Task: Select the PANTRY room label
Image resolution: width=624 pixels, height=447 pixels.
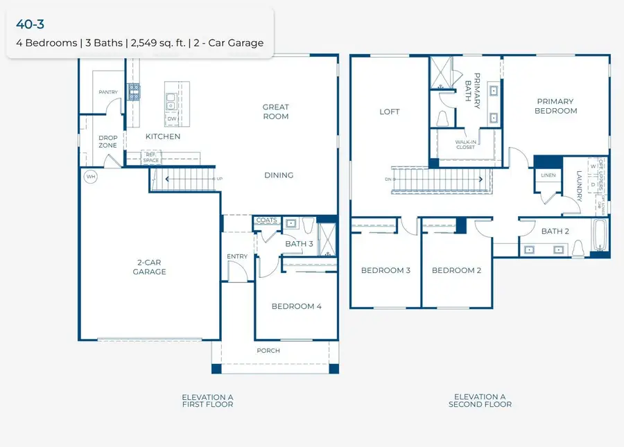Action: click(108, 92)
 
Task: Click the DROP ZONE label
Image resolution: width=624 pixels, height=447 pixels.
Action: click(107, 141)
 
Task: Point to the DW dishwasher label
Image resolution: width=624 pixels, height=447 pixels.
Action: click(172, 119)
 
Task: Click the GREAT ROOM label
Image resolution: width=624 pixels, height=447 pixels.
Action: click(275, 112)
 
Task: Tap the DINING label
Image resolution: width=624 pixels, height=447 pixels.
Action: click(279, 175)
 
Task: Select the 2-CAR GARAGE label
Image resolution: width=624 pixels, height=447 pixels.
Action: click(150, 268)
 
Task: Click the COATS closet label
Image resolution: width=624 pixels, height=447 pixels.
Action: click(266, 221)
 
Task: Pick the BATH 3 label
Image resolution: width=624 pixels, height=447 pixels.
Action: click(299, 243)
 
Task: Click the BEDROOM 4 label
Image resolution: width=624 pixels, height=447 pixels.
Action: click(296, 306)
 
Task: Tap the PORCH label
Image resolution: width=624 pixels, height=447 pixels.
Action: click(268, 351)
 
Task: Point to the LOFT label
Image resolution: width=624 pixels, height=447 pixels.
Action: click(390, 112)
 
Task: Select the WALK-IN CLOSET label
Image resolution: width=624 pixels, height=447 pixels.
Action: click(465, 144)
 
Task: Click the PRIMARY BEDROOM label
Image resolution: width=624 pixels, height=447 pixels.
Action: click(556, 106)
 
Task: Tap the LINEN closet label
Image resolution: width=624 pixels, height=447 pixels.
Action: click(548, 175)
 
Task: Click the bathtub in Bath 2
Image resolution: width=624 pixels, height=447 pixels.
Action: click(600, 236)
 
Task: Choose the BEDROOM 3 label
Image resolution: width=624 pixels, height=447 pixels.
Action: click(385, 270)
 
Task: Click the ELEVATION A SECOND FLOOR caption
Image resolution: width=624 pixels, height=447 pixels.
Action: click(480, 401)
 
